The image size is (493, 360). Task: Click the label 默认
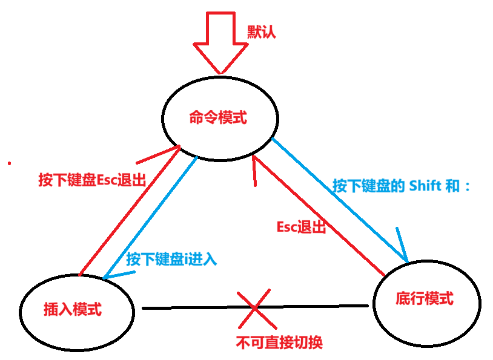tap(261, 32)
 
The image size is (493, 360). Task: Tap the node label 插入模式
tap(72, 309)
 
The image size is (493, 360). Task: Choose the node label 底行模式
tap(424, 298)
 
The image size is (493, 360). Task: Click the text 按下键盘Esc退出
tap(92, 180)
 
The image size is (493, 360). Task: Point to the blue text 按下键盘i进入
tap(171, 260)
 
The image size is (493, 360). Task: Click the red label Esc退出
tap(301, 227)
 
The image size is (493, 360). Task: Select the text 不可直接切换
tap(279, 342)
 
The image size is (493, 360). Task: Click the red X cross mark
tap(254, 309)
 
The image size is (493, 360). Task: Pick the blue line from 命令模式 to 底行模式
tap(339, 200)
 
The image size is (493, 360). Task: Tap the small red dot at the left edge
tap(9, 163)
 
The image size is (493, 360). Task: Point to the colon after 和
tap(467, 187)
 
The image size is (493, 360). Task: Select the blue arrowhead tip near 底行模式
tap(407, 261)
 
